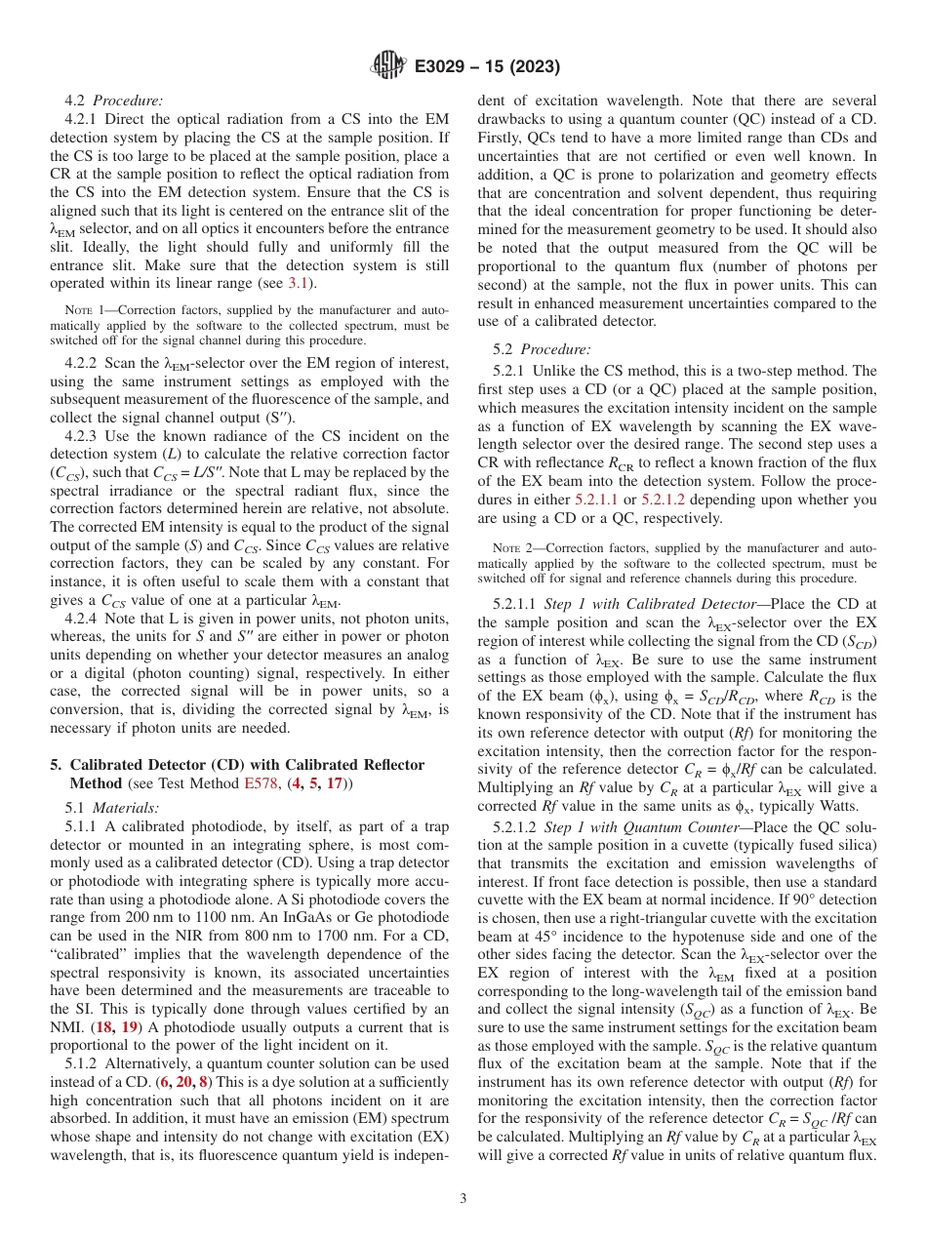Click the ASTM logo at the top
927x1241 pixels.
coord(387,66)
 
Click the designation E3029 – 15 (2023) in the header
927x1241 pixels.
coord(484,67)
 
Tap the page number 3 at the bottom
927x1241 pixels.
coord(463,1198)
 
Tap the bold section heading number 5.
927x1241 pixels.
coord(56,765)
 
